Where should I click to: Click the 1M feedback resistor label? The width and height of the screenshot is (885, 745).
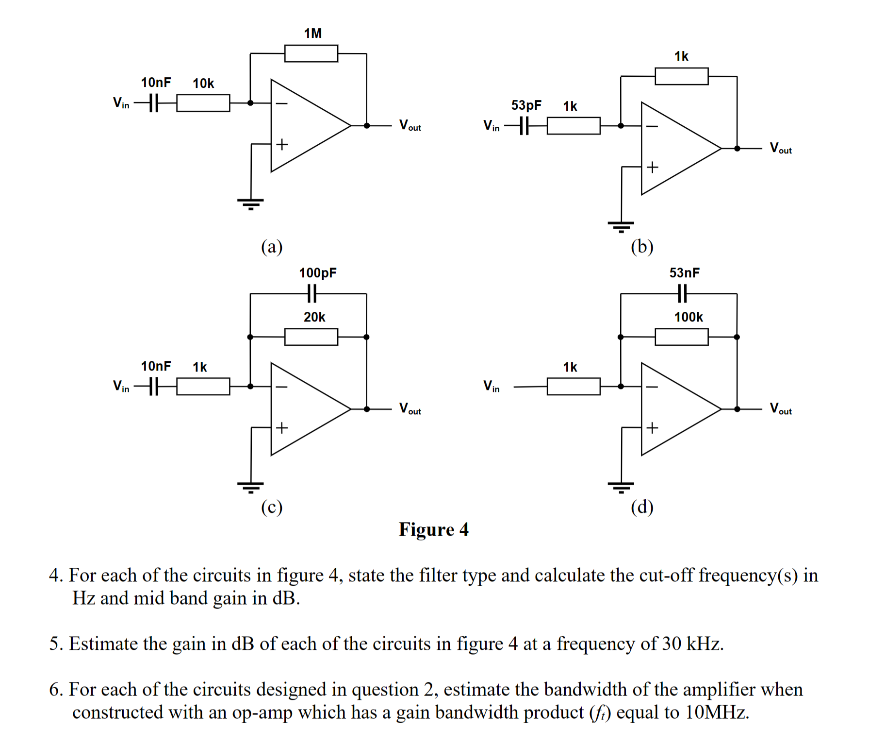pos(312,33)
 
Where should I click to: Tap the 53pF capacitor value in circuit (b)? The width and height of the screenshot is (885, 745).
pos(526,105)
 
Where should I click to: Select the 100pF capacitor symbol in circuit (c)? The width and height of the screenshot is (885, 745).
pos(312,293)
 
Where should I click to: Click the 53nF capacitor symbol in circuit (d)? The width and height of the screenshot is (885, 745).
pos(682,293)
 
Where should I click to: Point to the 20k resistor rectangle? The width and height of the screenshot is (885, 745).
pos(311,337)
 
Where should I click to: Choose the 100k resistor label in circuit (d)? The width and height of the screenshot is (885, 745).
pos(688,317)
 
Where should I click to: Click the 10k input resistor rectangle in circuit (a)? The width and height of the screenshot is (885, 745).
pos(203,103)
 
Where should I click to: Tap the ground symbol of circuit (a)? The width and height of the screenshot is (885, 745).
pos(250,203)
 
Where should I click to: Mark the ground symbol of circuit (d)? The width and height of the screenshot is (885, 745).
pos(621,487)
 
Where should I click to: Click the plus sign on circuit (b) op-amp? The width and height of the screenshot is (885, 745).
pos(652,167)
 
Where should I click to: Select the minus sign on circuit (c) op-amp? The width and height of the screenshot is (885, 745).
pos(282,387)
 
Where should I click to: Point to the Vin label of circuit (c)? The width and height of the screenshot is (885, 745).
pos(121,386)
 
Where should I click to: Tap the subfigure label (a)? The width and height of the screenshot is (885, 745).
pos(272,247)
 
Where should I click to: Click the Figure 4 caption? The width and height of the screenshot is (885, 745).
pos(433,529)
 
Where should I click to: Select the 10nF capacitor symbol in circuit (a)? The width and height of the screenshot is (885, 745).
pos(153,103)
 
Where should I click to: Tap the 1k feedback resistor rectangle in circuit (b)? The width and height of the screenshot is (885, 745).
pos(681,76)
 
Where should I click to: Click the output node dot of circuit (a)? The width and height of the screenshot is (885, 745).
pos(367,126)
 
